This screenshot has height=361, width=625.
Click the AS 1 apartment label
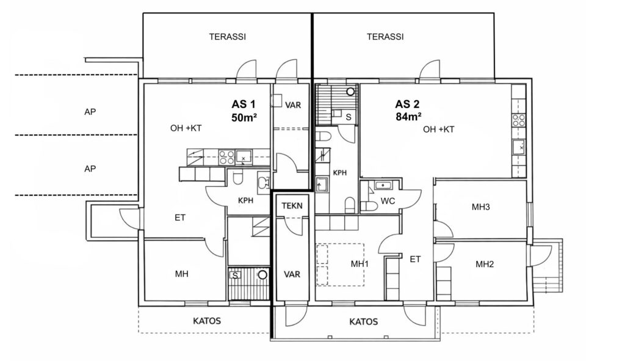coord(243,104)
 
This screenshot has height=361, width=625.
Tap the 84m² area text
coord(409,117)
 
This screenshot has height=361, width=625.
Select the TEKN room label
coord(292,206)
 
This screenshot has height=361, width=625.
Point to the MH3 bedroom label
coord(481,207)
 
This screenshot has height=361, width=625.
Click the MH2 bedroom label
coord(485,264)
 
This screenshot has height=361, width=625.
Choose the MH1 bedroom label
coord(359,264)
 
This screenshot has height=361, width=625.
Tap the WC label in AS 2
coord(388,201)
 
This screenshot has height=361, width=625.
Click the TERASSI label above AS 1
coord(228,37)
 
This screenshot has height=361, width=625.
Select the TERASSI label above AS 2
coord(385,37)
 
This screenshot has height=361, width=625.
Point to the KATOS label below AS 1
coord(207,321)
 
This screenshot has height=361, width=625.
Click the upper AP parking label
coord(90,112)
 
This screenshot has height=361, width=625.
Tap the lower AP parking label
coord(90,169)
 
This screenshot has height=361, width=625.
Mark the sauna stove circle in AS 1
coord(262,275)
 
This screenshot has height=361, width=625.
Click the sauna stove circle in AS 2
coord(350,92)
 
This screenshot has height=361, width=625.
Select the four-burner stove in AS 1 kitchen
coord(226,157)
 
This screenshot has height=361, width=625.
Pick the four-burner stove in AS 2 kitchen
coord(519,120)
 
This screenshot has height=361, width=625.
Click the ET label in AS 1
coord(180,217)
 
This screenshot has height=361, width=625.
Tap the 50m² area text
coord(244,118)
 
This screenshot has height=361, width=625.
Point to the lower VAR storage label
coord(292,274)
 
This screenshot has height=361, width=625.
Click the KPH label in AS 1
coord(245,200)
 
